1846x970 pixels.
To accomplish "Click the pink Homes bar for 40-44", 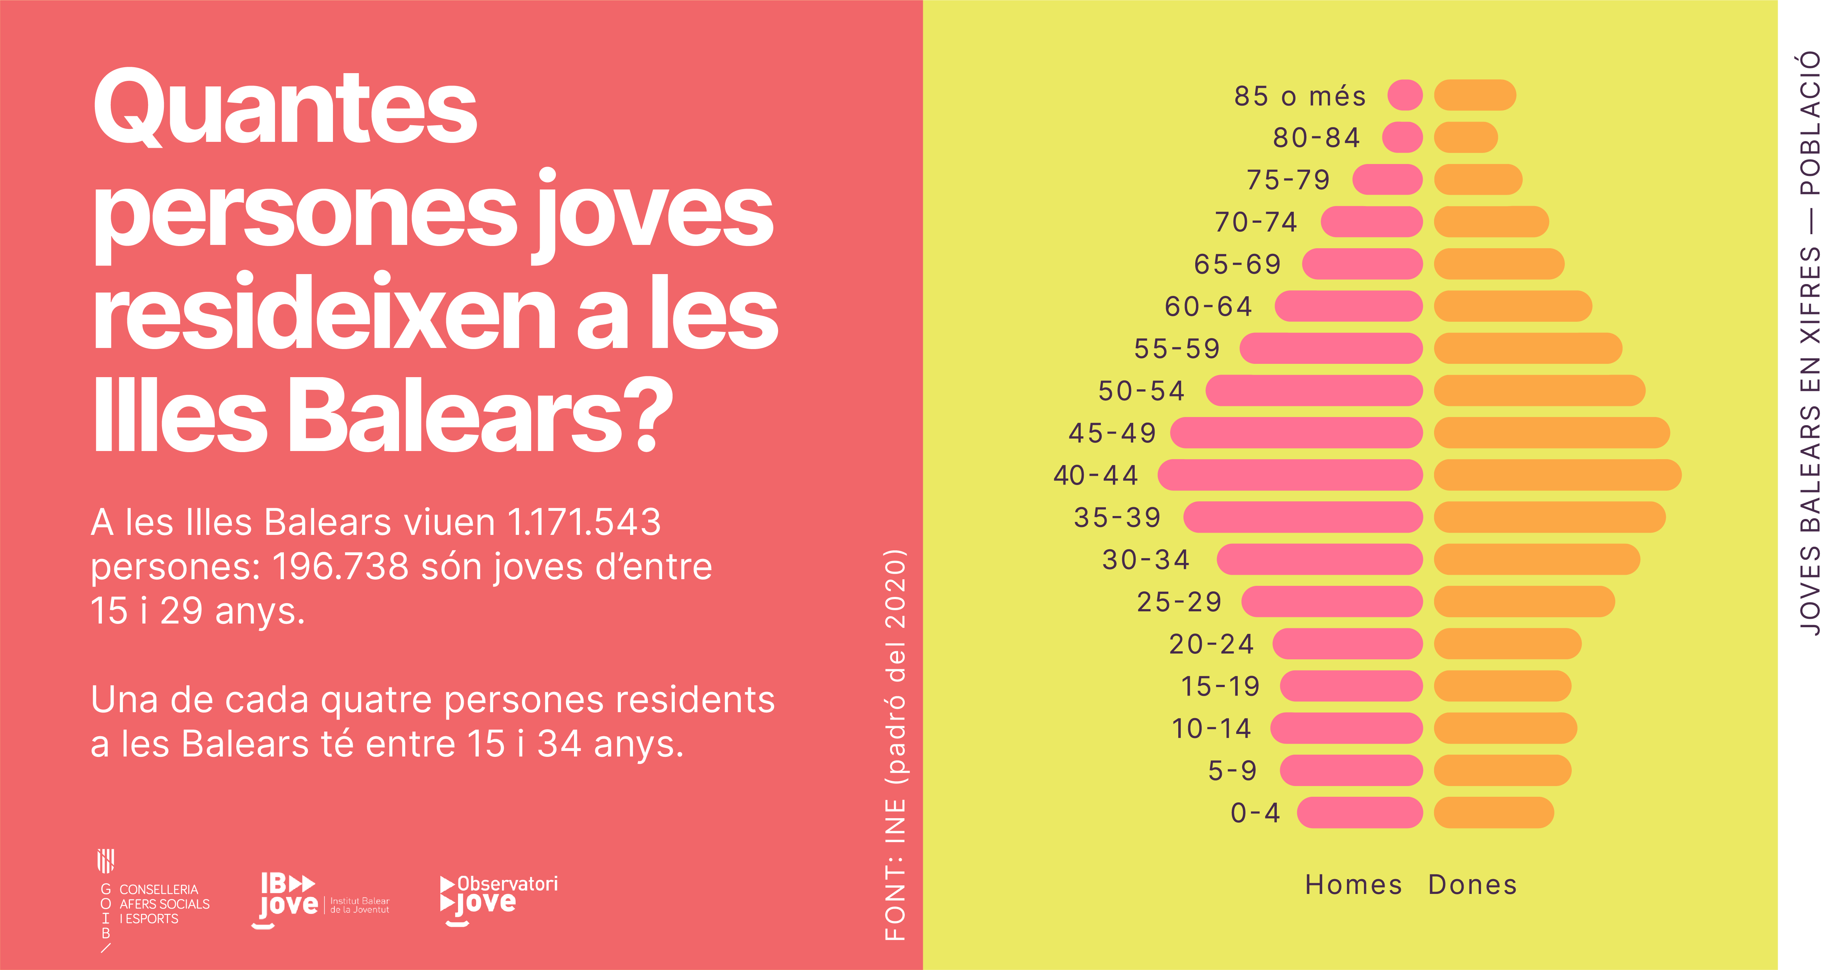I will pyautogui.click(x=1290, y=475).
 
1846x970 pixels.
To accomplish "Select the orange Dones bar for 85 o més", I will pyautogui.click(x=1475, y=95).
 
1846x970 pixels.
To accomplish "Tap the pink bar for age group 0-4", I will pyautogui.click(x=1359, y=812).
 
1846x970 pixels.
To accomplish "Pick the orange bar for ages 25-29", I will pyautogui.click(x=1524, y=601).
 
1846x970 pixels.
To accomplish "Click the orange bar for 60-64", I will pyautogui.click(x=1513, y=306).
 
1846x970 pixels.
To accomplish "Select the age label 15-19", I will pyautogui.click(x=1220, y=686).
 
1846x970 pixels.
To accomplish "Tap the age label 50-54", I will pyautogui.click(x=1142, y=391).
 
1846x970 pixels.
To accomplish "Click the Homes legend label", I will pyautogui.click(x=1353, y=885).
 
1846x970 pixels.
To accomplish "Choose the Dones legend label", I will pyautogui.click(x=1473, y=885).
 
